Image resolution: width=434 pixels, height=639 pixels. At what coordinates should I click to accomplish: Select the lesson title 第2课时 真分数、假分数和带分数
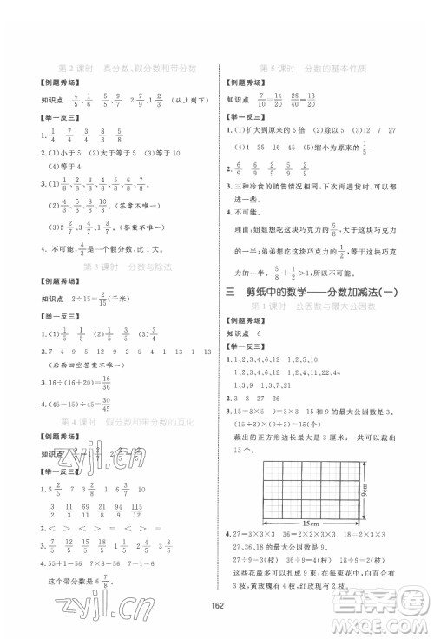127,66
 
